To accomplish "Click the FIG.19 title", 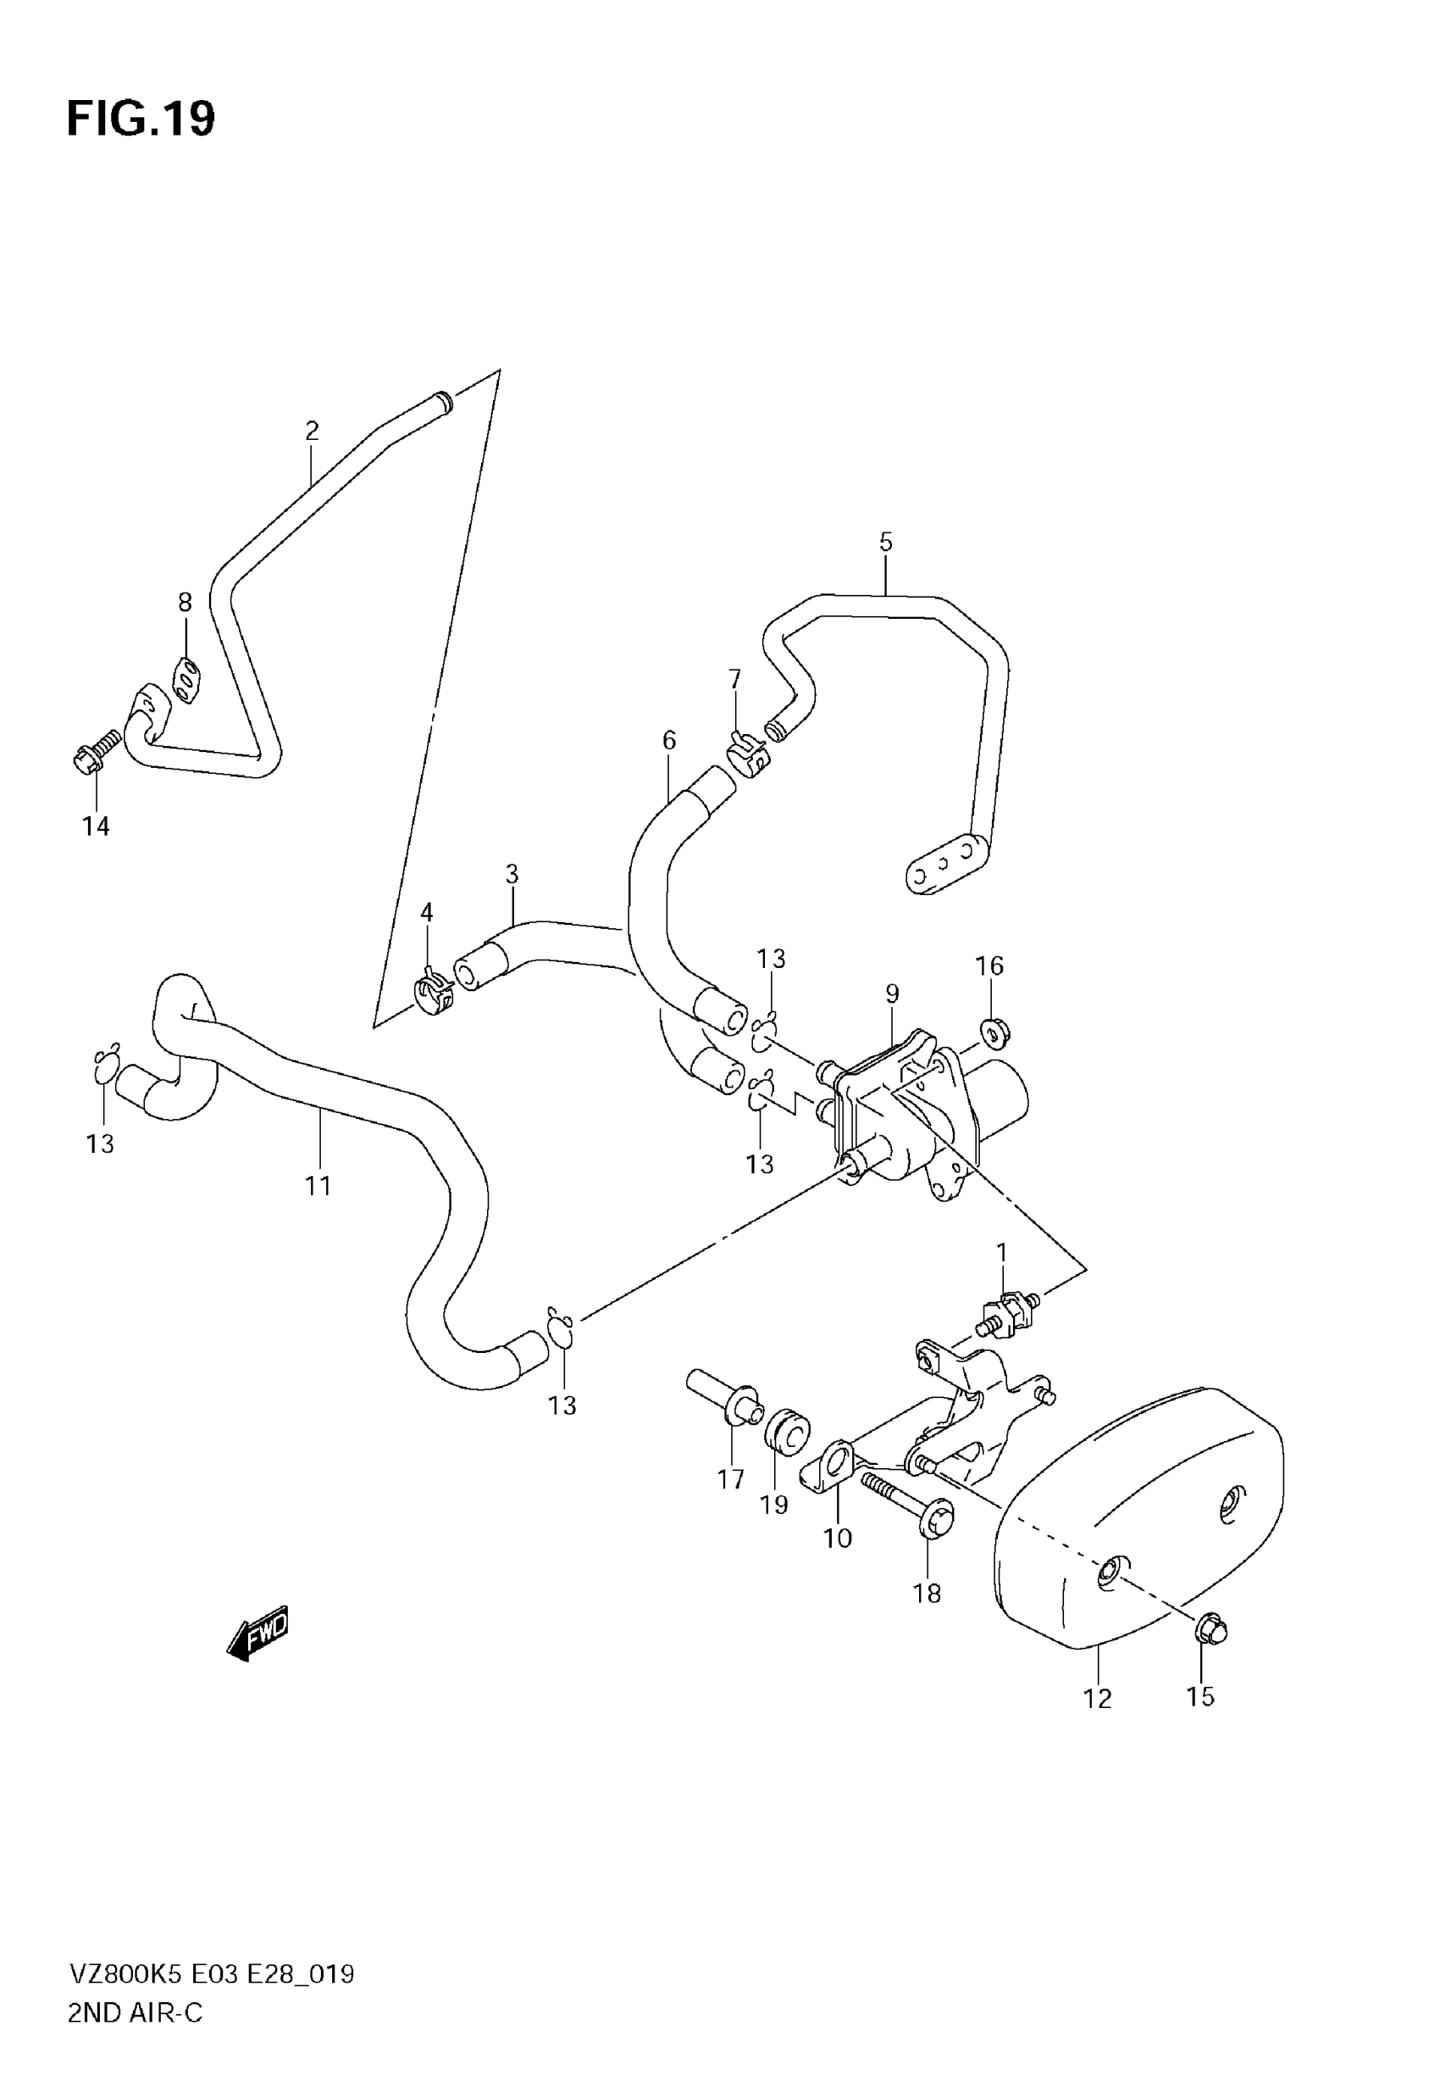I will [x=141, y=120].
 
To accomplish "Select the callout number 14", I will [x=96, y=826].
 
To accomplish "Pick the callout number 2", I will [x=313, y=431].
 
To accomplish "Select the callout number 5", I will [x=885, y=543].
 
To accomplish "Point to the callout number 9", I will [x=892, y=993].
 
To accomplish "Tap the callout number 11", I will [x=318, y=1185].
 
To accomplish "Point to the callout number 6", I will [x=668, y=741].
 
